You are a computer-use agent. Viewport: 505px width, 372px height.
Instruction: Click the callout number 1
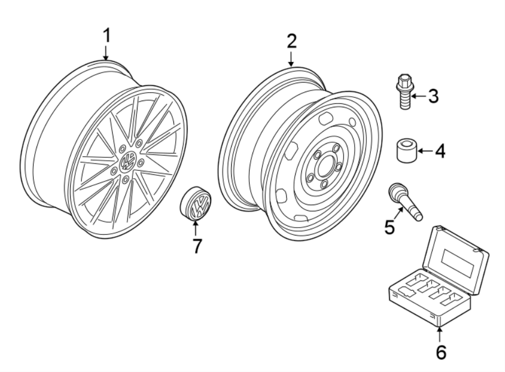pos(106,35)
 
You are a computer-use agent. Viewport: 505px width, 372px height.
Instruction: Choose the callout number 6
pos(440,352)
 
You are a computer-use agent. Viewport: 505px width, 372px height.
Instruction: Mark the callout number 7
pos(196,246)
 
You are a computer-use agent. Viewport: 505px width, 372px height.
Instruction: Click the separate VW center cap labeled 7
pos(196,206)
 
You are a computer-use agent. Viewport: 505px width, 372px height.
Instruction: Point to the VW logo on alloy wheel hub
pos(128,163)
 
